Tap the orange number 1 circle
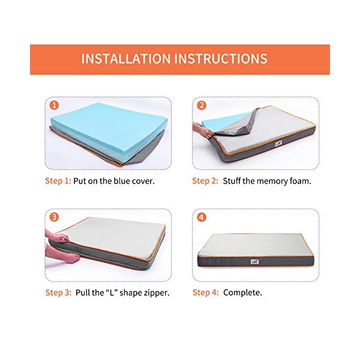point(55,106)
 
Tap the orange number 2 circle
point(202,106)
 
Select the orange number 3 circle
point(55,217)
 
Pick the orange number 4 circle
point(202,217)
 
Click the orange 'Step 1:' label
point(58,180)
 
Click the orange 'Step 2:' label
point(205,180)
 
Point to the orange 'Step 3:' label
point(58,293)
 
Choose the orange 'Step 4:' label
point(205,293)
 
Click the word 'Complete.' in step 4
point(242,293)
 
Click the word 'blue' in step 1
point(114,180)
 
